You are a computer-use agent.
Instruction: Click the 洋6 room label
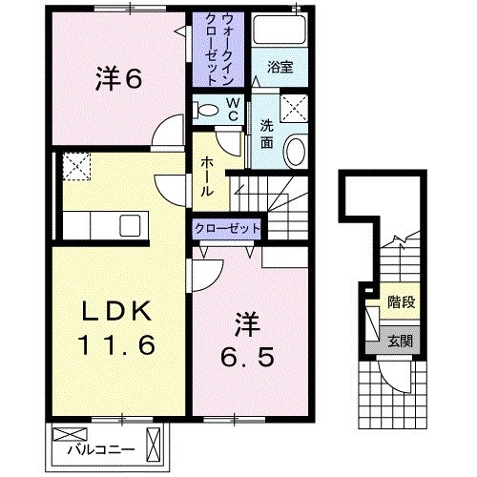tap(118, 80)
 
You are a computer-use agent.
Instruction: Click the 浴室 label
tap(280, 68)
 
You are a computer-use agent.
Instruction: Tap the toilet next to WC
tap(205, 108)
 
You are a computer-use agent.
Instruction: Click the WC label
tap(232, 108)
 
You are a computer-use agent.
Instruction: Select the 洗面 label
tap(266, 131)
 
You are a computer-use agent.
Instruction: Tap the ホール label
tap(206, 176)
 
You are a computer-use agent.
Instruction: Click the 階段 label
tap(400, 303)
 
